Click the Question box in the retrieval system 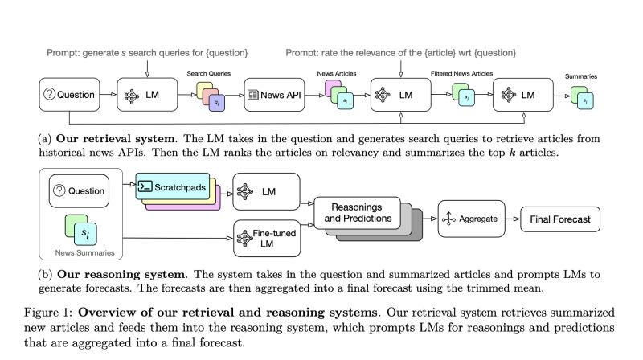[x=71, y=95]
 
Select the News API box [x=275, y=95]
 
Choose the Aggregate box [x=472, y=218]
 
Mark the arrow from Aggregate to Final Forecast [x=513, y=218]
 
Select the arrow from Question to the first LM [x=109, y=95]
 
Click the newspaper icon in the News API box [x=253, y=95]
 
